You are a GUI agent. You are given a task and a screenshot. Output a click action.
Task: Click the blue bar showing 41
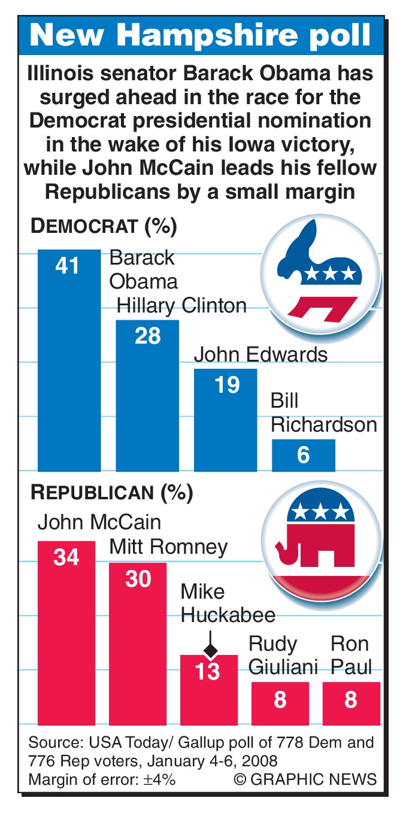(x=69, y=359)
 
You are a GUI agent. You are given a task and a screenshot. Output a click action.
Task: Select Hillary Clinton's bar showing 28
(x=147, y=395)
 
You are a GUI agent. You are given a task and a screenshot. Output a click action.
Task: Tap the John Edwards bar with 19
(x=226, y=419)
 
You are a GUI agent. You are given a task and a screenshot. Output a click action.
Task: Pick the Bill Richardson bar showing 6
(x=303, y=456)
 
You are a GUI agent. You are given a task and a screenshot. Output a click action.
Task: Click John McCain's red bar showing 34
(x=66, y=632)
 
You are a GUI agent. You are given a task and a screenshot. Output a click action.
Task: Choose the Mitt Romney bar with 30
(x=138, y=644)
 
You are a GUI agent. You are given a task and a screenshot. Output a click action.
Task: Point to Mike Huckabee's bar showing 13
(x=209, y=688)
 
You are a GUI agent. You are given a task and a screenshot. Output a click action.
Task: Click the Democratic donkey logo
(x=321, y=275)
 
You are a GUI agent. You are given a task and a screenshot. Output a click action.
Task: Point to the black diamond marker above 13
(x=210, y=650)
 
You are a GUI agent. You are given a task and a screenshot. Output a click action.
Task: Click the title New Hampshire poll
(x=201, y=35)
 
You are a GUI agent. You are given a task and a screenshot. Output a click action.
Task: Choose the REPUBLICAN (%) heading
(x=112, y=493)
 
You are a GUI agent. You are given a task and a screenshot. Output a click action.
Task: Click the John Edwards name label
(x=260, y=354)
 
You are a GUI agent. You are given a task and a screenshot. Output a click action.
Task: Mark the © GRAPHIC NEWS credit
(x=305, y=779)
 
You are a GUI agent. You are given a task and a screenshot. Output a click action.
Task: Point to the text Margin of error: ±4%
(x=102, y=779)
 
